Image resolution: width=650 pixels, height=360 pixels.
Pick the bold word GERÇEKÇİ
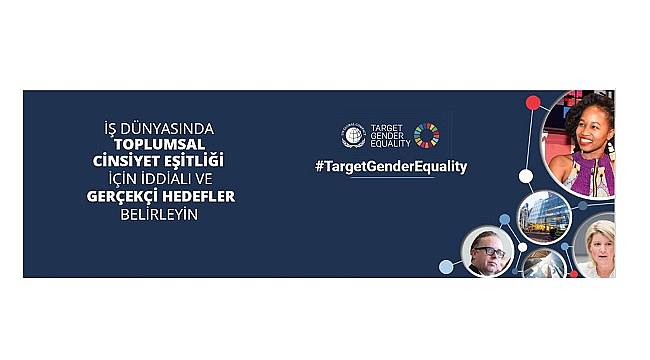point(125,197)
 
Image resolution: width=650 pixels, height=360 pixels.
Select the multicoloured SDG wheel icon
point(427,136)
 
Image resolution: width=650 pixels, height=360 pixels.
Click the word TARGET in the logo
point(386,128)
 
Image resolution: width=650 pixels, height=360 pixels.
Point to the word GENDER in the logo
point(386,137)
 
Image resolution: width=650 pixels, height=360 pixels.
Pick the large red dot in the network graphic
point(533,101)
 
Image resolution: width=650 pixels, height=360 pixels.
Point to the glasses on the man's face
point(489,251)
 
